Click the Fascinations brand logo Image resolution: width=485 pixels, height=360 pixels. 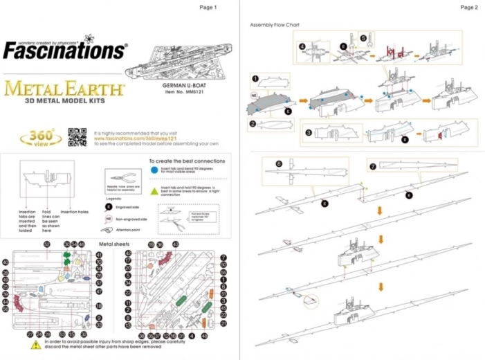coord(65,49)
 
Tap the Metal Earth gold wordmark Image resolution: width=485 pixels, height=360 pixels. coord(64,89)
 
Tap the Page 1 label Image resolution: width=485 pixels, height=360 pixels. coord(208,7)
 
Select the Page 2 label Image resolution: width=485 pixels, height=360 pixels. coord(468,7)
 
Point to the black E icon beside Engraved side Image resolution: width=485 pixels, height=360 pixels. coord(109,206)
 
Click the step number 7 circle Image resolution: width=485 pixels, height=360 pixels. coord(373,166)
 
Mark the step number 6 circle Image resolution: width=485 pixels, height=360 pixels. coord(279,164)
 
